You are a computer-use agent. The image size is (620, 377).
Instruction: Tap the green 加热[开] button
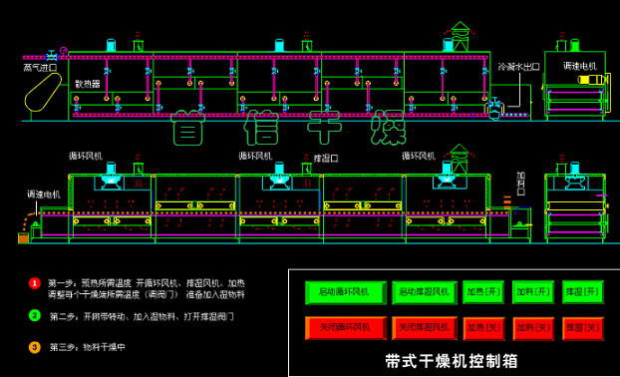(x=482, y=292)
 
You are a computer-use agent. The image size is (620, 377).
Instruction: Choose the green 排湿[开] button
(x=582, y=292)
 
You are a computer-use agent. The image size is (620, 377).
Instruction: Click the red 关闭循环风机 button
(x=343, y=327)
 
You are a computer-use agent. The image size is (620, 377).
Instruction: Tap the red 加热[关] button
(x=482, y=327)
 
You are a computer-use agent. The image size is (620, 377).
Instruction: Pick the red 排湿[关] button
(x=582, y=327)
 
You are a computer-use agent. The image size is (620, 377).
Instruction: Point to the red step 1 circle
(x=34, y=283)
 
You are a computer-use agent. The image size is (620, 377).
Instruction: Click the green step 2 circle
(x=34, y=316)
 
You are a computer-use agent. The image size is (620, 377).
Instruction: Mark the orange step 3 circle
(x=34, y=347)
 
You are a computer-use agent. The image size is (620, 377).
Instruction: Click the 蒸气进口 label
(x=41, y=68)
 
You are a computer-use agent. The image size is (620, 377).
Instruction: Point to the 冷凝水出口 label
(x=518, y=67)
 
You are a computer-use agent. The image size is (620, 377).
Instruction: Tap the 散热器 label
(x=88, y=85)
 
